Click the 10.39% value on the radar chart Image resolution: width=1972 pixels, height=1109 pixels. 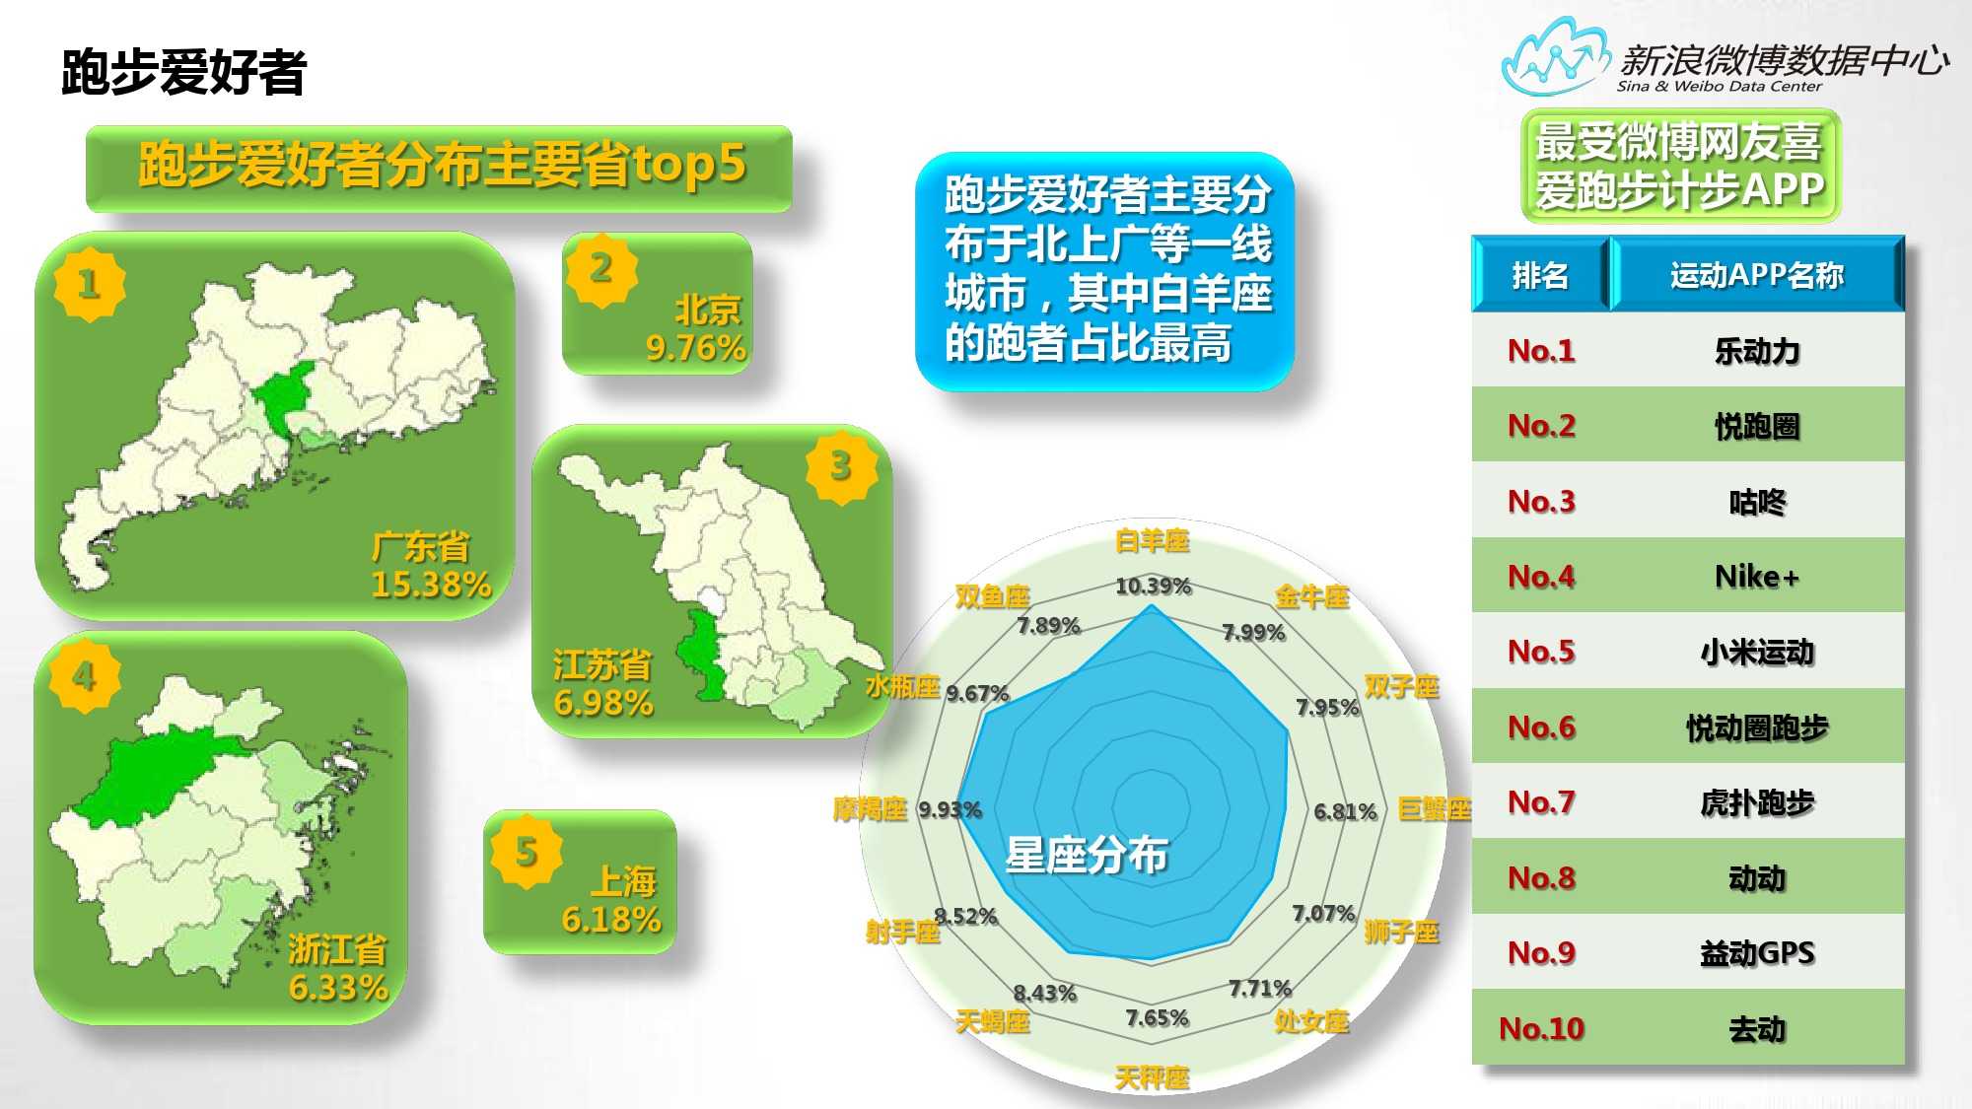click(1153, 587)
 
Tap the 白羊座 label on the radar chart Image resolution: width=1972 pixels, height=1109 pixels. click(1152, 540)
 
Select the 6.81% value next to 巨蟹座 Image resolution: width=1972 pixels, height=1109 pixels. click(1345, 811)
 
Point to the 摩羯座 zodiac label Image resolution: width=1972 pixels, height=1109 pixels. click(870, 809)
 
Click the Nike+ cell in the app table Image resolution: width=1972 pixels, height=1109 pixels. click(1757, 576)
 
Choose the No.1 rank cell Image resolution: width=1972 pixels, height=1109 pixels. click(1541, 350)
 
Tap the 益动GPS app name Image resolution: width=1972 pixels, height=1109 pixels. click(1757, 952)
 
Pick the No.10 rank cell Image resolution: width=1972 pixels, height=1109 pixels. click(1541, 1028)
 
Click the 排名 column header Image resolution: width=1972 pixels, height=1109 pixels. click(1540, 275)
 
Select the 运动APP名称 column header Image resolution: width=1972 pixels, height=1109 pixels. click(1757, 275)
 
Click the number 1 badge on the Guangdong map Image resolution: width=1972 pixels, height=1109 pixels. click(89, 284)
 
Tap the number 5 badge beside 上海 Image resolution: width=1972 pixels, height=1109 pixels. click(527, 852)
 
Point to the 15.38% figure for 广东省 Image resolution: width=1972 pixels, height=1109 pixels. click(431, 585)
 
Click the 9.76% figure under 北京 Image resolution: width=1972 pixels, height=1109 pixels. click(695, 348)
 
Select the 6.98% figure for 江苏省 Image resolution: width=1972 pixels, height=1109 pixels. click(603, 703)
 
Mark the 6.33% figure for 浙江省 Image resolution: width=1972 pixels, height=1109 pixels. click(338, 987)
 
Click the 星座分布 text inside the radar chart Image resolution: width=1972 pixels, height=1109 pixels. click(1087, 855)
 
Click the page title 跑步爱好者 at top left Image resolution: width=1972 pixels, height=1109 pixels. click(183, 72)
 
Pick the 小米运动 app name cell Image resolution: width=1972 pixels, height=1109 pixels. click(1757, 652)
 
